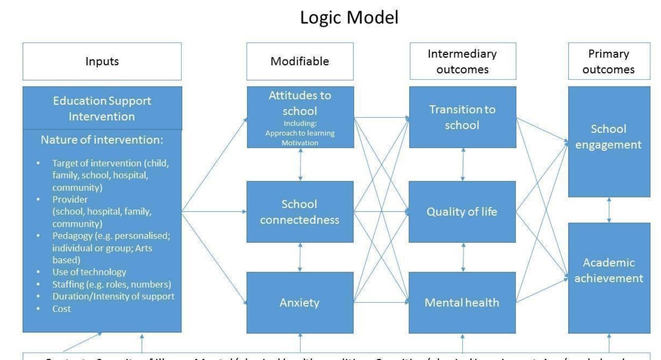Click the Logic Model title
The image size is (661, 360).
[349, 18]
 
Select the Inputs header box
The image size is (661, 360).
[102, 62]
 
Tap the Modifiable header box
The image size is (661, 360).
[300, 62]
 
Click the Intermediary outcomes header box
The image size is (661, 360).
[463, 62]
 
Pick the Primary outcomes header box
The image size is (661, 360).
[609, 62]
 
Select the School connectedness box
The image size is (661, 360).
[300, 212]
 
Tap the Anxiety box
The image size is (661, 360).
[300, 303]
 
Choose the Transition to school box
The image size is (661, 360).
[463, 117]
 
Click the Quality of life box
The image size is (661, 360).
[462, 212]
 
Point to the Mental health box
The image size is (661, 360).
[462, 303]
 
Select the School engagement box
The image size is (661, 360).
[609, 137]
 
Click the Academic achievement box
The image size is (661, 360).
[609, 270]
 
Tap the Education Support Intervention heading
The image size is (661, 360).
[102, 108]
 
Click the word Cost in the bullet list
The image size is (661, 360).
[62, 309]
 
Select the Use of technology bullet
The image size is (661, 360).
[89, 272]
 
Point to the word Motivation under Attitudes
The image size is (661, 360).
[300, 143]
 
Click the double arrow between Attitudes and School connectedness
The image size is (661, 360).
[300, 164]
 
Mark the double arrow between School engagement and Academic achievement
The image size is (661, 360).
[609, 210]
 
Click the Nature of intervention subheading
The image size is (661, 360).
[102, 140]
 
